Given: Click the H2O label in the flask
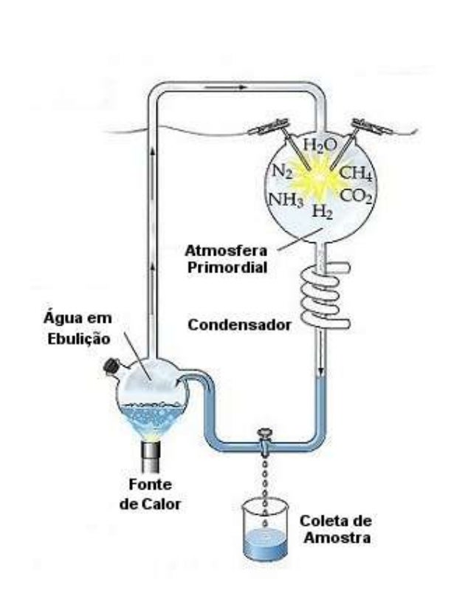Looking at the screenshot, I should (320, 145).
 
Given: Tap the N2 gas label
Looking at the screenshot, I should (281, 173).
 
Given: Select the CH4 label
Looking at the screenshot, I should (357, 174).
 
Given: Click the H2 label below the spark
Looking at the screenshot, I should (322, 213).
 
